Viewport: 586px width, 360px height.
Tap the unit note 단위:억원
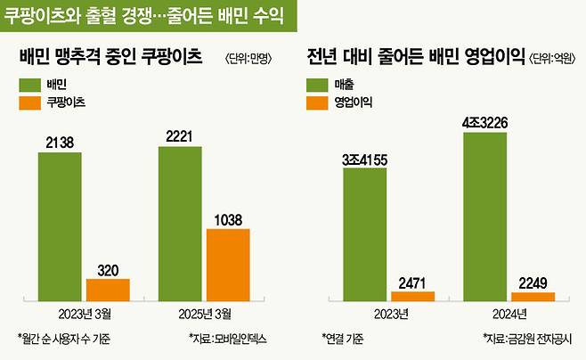coord(553,60)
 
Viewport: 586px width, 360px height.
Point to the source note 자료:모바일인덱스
coord(228,339)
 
